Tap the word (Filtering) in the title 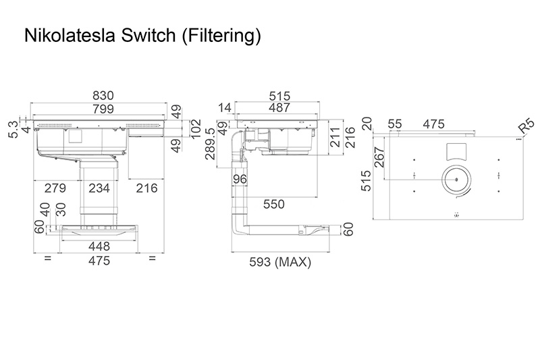[220, 36]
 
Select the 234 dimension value [99, 188]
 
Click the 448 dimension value [99, 247]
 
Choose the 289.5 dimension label [211, 144]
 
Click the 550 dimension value [274, 203]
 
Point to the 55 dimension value [396, 124]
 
